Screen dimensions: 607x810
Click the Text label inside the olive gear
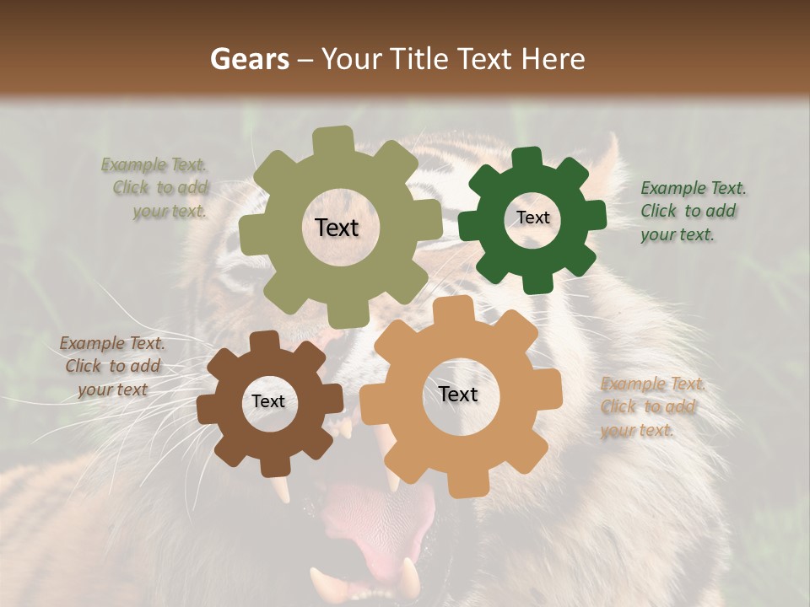pos(337,228)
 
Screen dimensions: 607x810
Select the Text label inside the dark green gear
pos(532,218)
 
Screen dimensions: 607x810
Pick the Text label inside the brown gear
pos(268,401)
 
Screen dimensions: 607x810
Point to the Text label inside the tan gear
pos(457,394)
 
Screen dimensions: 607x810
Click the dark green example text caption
pos(692,211)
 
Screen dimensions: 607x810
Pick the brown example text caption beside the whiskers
pos(112,366)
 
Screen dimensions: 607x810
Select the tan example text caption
pos(651,406)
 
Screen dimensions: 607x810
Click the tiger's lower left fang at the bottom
pos(321,582)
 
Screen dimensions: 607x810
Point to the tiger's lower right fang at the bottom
pos(411,577)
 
